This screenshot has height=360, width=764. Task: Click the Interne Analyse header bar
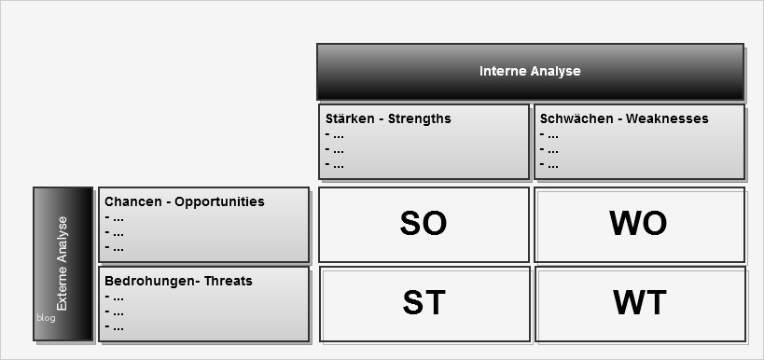[x=530, y=72]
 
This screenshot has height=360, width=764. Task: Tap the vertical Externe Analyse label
[x=63, y=264]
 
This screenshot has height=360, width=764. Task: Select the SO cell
[x=424, y=224]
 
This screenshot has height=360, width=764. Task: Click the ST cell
[x=424, y=303]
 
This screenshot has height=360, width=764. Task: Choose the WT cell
[x=639, y=303]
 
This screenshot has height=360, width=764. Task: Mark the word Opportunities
[x=217, y=201]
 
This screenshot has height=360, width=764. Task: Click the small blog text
[x=47, y=317]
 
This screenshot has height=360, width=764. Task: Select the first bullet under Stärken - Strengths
[x=335, y=134]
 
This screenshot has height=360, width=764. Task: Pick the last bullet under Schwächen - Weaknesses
[x=549, y=165]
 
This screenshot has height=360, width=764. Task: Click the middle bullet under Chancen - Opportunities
[x=115, y=232]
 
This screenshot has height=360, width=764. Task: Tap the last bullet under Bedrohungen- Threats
[x=115, y=326]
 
